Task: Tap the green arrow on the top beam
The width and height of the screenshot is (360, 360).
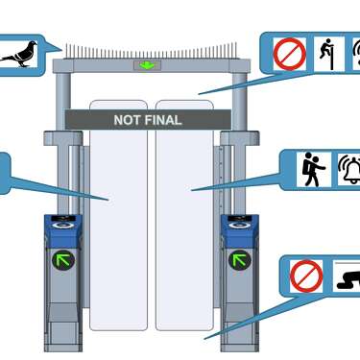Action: point(147,65)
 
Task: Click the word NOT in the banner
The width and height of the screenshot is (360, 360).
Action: point(127,121)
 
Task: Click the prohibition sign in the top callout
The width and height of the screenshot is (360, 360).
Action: point(289,54)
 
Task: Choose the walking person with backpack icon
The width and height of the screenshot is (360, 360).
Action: point(313,170)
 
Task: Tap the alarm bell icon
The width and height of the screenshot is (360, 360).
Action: point(349,170)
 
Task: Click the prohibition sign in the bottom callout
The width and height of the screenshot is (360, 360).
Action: point(305,276)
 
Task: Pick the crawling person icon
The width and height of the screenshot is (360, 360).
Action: point(348,278)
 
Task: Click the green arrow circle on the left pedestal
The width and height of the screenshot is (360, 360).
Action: point(63,259)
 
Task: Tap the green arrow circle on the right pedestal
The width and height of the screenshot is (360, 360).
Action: point(238,259)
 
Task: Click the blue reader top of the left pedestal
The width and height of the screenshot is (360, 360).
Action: point(63,227)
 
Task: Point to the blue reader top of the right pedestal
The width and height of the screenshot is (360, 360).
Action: point(239,227)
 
